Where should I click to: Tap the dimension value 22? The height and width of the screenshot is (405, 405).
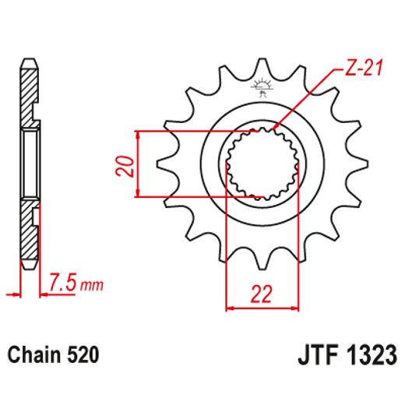pyautogui.click(x=261, y=294)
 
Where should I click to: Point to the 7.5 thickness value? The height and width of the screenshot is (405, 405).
pyautogui.click(x=63, y=281)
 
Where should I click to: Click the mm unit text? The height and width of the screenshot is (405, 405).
pyautogui.click(x=91, y=284)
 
